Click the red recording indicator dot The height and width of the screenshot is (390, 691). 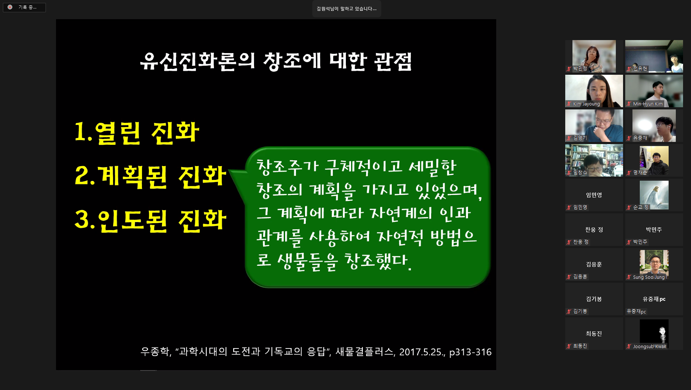click(10, 7)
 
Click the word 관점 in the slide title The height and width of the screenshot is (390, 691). click(393, 61)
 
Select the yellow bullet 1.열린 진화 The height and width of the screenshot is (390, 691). click(137, 133)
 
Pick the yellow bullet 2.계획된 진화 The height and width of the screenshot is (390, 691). click(150, 177)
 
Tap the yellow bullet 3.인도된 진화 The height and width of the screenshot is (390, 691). click(150, 221)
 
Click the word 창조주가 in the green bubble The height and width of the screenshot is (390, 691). click(287, 167)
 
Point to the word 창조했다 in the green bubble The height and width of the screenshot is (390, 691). click(377, 261)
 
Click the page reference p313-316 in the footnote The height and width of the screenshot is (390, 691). click(470, 352)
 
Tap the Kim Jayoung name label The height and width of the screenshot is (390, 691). click(586, 104)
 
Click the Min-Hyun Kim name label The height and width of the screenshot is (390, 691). click(648, 104)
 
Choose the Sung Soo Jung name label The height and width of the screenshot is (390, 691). click(649, 277)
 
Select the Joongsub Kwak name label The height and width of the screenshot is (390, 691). click(649, 347)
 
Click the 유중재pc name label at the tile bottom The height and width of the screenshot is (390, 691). click(636, 312)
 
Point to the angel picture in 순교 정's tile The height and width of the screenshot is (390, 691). click(654, 195)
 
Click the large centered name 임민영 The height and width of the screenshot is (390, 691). click(594, 195)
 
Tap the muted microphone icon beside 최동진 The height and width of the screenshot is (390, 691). click(569, 346)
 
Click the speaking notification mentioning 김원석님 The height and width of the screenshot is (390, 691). click(347, 9)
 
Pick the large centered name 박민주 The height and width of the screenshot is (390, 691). click(654, 230)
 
